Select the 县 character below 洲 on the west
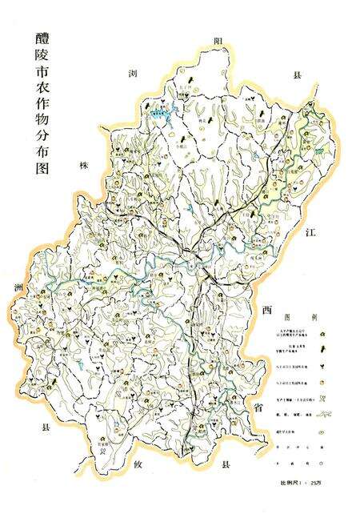pyautogui.click(x=46, y=429)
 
